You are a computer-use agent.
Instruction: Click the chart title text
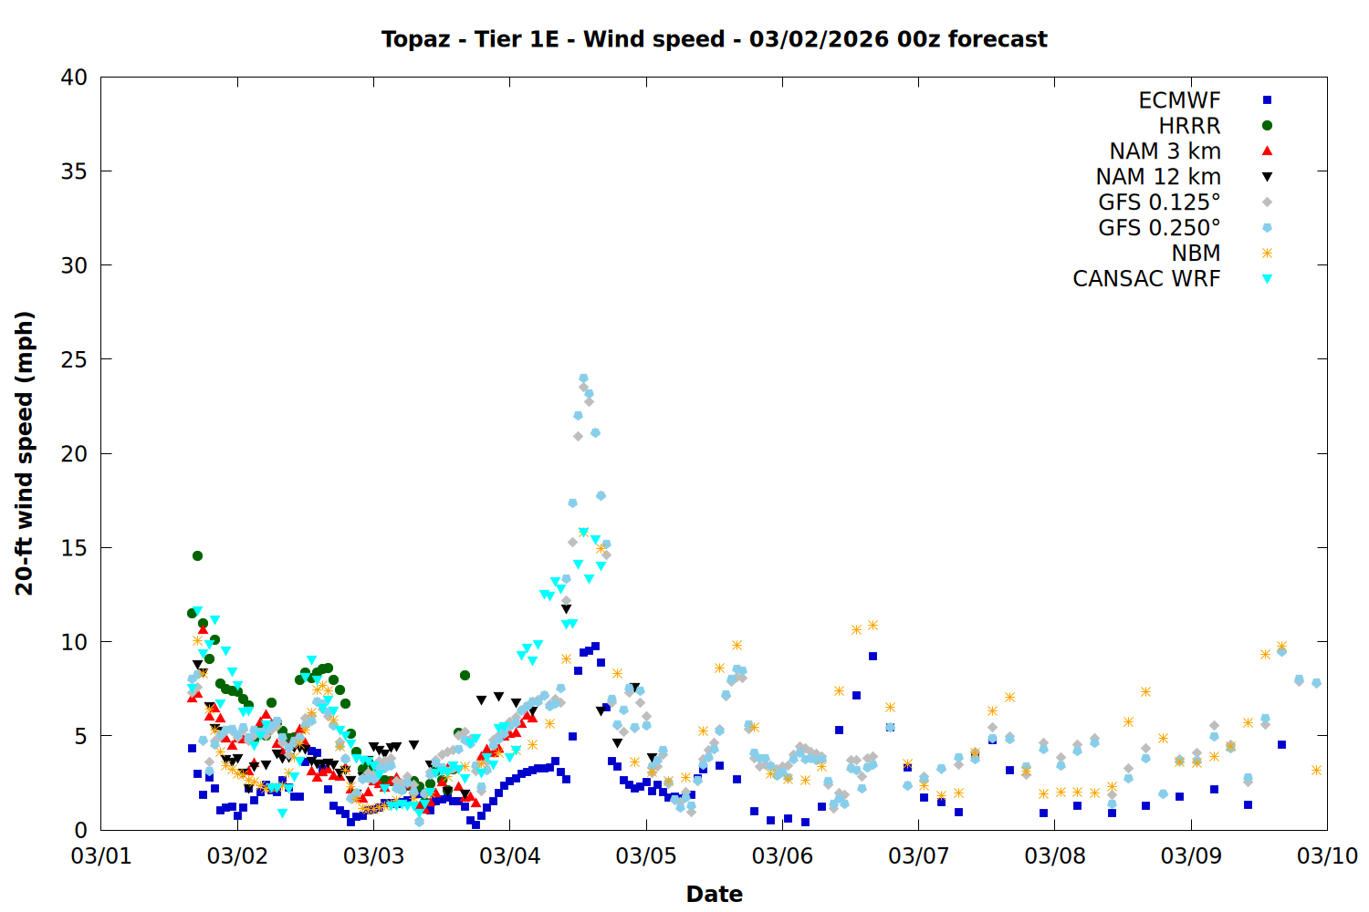coord(714,39)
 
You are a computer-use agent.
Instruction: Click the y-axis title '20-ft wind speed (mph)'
coord(25,453)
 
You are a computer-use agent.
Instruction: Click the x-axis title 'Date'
coord(714,894)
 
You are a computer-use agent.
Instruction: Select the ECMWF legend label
coord(1179,100)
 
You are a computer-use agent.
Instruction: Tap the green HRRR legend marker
coord(1267,126)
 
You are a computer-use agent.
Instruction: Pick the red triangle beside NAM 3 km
coord(1267,151)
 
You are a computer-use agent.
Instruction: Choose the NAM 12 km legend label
coord(1158,177)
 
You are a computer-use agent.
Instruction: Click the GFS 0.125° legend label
coord(1159,202)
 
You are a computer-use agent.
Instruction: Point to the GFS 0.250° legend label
coord(1159,228)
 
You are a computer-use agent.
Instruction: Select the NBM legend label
coord(1196,254)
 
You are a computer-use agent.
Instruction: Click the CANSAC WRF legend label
coord(1146,279)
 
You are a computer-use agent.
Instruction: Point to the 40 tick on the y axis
coord(74,78)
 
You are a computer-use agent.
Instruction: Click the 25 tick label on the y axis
coord(74,359)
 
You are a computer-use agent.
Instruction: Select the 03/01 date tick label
coord(100,856)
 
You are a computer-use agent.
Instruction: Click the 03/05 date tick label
coord(645,856)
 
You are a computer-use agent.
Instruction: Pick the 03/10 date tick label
coord(1327,856)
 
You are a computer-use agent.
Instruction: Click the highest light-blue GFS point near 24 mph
coord(583,378)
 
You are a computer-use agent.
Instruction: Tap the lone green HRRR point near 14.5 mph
coord(197,555)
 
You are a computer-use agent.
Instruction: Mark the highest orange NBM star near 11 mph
coord(873,625)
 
